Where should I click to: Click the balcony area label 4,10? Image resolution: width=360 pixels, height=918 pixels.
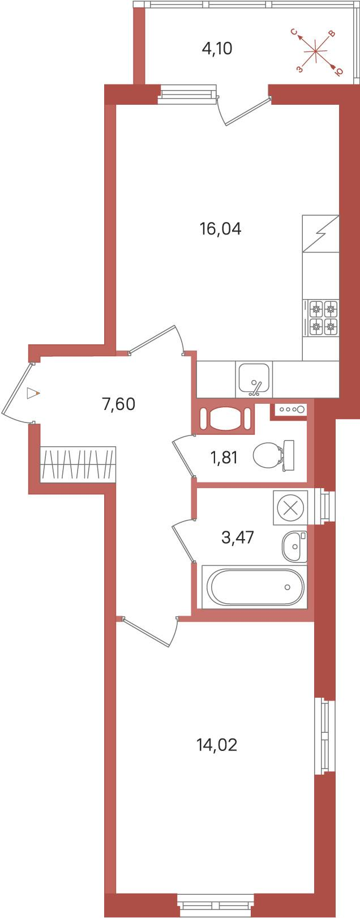point(217,49)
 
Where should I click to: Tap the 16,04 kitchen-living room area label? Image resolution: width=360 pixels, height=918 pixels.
point(220,229)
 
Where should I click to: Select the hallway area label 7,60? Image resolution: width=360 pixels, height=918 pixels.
point(119,404)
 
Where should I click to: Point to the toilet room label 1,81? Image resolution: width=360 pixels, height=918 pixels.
point(224,458)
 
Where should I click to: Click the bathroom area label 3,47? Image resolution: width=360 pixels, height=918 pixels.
point(238,536)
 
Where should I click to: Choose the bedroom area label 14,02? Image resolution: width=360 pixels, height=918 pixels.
point(217,745)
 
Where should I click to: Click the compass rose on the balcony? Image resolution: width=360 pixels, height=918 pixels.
point(316,52)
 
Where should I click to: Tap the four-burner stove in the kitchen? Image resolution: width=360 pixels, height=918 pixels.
point(321,318)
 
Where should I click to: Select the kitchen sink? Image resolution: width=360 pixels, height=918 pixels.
point(254,379)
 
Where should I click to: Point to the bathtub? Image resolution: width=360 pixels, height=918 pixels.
point(255,587)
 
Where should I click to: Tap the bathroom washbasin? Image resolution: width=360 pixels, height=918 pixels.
point(294,546)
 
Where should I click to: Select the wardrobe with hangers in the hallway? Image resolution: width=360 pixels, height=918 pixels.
point(78,464)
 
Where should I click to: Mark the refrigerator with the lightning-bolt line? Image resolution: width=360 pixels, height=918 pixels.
point(321,233)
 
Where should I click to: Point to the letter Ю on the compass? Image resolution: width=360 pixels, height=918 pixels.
point(339,71)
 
